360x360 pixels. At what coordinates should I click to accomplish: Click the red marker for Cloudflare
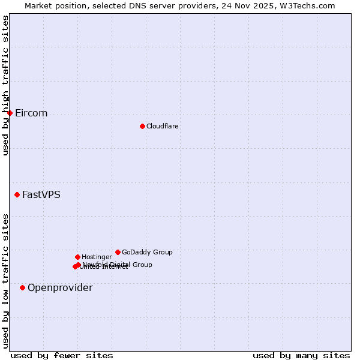[142, 126]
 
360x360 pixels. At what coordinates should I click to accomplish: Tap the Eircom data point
[10, 113]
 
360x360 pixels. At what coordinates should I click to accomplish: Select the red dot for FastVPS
[17, 194]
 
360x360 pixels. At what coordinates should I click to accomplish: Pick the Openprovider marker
[22, 287]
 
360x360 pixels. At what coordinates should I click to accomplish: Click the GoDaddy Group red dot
[118, 252]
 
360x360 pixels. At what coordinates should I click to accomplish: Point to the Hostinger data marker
[77, 257]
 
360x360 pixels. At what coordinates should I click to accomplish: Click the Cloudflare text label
[162, 126]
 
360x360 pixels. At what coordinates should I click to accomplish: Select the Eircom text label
[31, 113]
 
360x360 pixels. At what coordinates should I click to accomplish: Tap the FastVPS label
[41, 194]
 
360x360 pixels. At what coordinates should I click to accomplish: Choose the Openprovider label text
[60, 288]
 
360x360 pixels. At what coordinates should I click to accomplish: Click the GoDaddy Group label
[147, 252]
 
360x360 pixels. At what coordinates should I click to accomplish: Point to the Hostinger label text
[97, 257]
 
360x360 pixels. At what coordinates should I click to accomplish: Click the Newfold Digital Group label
[118, 264]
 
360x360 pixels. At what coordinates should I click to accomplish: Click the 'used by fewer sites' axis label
[62, 355]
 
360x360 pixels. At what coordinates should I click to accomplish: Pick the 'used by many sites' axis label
[301, 355]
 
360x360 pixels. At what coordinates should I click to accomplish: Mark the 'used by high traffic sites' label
[5, 85]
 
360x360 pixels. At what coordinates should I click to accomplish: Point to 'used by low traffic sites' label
[5, 280]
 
